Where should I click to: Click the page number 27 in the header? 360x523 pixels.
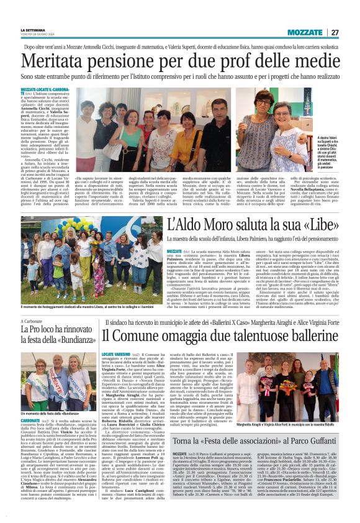coord(335,32)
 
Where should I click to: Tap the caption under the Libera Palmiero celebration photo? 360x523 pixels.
coord(93,309)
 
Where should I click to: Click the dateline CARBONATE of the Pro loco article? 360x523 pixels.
coord(33,420)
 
